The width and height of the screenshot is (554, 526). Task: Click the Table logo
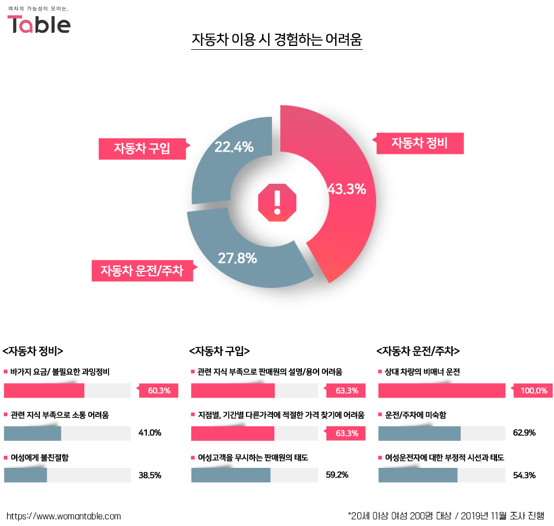(x=39, y=23)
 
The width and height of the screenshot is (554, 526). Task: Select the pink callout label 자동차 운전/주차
(x=142, y=270)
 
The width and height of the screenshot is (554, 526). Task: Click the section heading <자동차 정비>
(x=33, y=350)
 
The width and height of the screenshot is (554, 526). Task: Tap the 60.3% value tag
(x=160, y=391)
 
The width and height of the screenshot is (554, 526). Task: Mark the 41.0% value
(x=150, y=433)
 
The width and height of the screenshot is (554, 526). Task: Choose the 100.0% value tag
(x=534, y=391)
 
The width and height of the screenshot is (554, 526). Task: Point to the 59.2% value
(x=337, y=475)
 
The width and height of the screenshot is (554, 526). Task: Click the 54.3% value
(x=524, y=475)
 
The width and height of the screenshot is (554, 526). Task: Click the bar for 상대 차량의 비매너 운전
(x=442, y=391)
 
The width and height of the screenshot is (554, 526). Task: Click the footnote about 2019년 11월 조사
(x=446, y=515)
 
